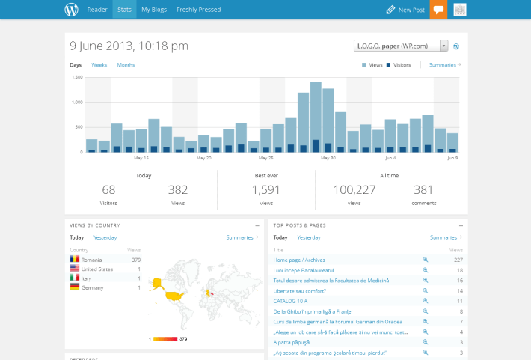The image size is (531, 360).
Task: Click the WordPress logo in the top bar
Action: pos(71,10)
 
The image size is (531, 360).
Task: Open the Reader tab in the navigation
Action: pos(97,10)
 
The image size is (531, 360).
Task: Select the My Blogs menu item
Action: pos(153,10)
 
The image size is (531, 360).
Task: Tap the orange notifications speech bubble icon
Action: pos(438,10)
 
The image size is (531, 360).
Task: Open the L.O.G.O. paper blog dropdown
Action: pos(401,46)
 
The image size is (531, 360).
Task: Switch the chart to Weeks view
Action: pos(99,65)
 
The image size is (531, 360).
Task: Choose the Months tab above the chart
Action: pos(126,65)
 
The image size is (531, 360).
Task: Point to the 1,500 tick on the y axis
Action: pos(76,77)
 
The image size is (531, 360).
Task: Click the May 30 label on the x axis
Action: pos(328,158)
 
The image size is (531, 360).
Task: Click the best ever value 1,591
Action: pos(265,190)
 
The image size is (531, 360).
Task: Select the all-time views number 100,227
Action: pos(354,190)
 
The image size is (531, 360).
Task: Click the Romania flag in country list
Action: pos(75,260)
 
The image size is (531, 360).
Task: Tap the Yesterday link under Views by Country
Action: pos(105,237)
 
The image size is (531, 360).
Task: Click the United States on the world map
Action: pos(174,295)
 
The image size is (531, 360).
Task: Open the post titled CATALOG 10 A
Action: pos(290,301)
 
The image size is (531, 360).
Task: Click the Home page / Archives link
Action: pos(299,260)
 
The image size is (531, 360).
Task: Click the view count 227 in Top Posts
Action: pos(458,260)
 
